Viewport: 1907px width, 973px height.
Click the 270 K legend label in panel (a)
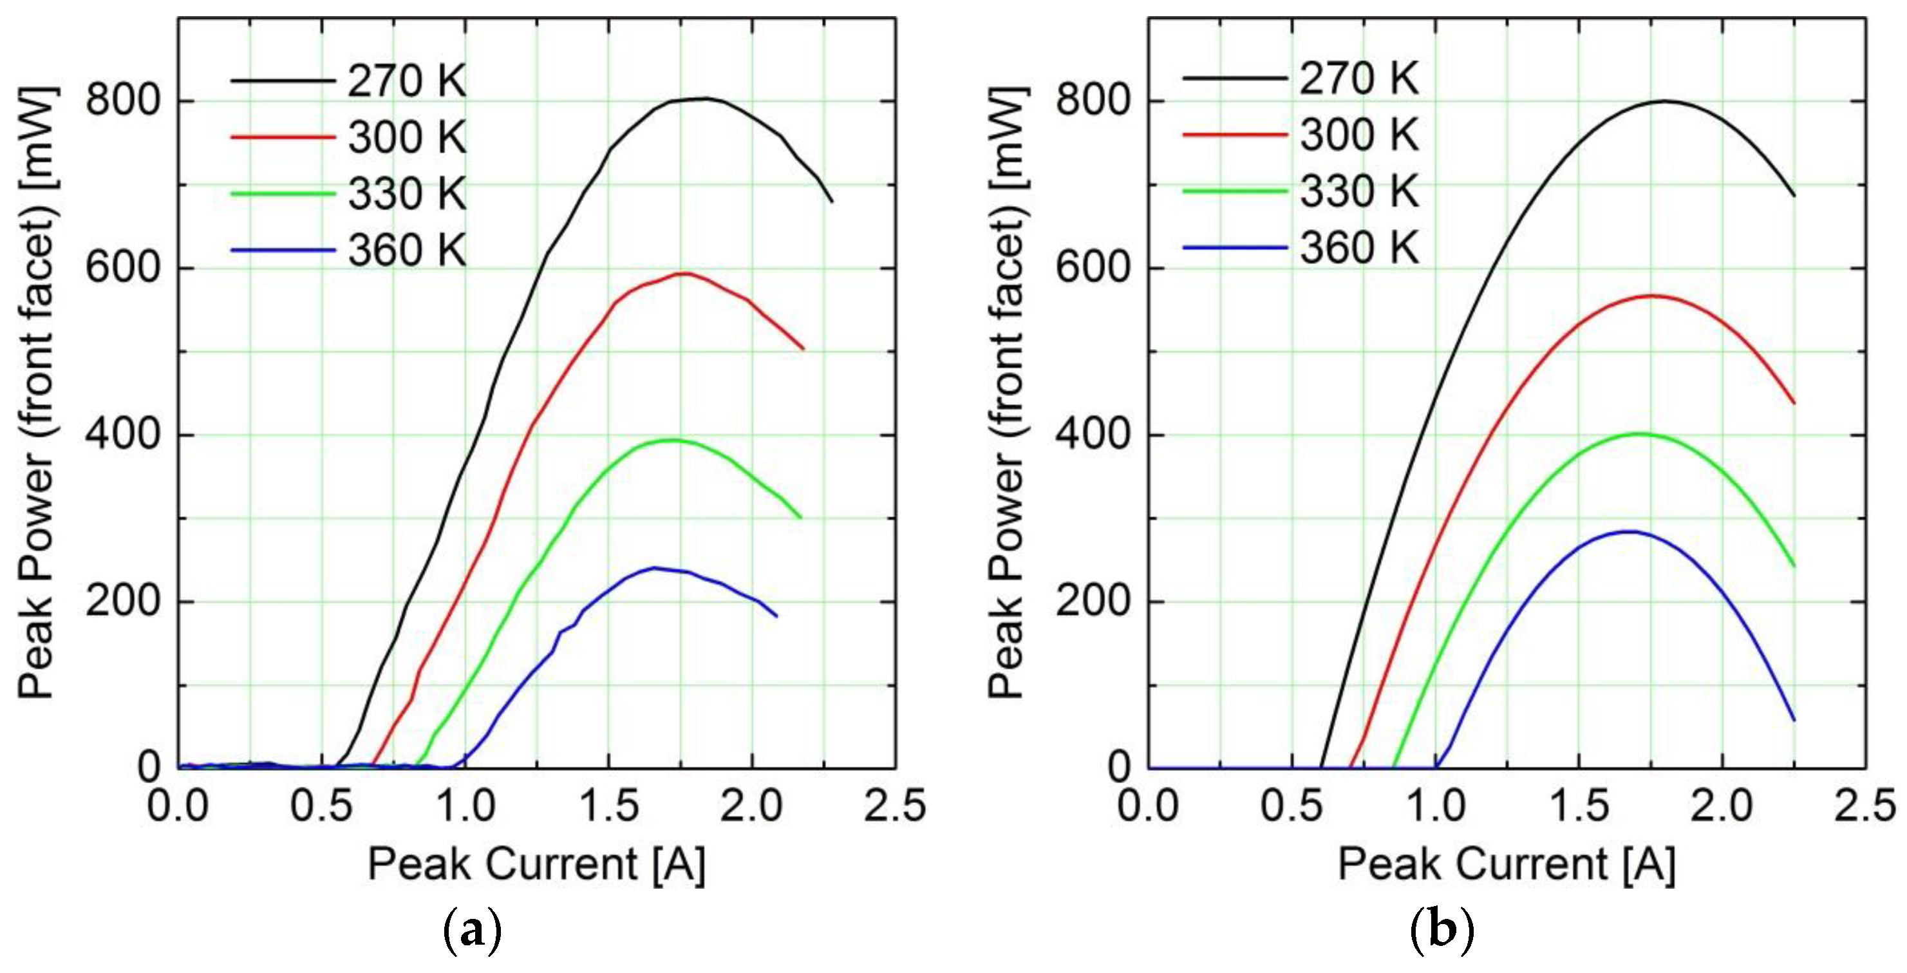coord(406,80)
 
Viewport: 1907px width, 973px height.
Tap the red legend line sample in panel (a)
coord(283,137)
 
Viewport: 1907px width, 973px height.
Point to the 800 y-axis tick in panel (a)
coord(123,100)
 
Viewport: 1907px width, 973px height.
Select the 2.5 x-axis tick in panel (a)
coord(895,805)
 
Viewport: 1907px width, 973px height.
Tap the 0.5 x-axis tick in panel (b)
coord(1291,805)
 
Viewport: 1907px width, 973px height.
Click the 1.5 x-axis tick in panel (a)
coord(608,805)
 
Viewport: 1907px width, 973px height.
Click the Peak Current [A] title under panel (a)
coord(537,864)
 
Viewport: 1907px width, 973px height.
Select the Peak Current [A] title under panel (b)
coord(1507,864)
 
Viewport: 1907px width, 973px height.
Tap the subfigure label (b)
coord(1442,930)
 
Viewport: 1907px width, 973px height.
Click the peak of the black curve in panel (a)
coord(703,98)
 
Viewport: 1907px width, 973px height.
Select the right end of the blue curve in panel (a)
coord(776,616)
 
